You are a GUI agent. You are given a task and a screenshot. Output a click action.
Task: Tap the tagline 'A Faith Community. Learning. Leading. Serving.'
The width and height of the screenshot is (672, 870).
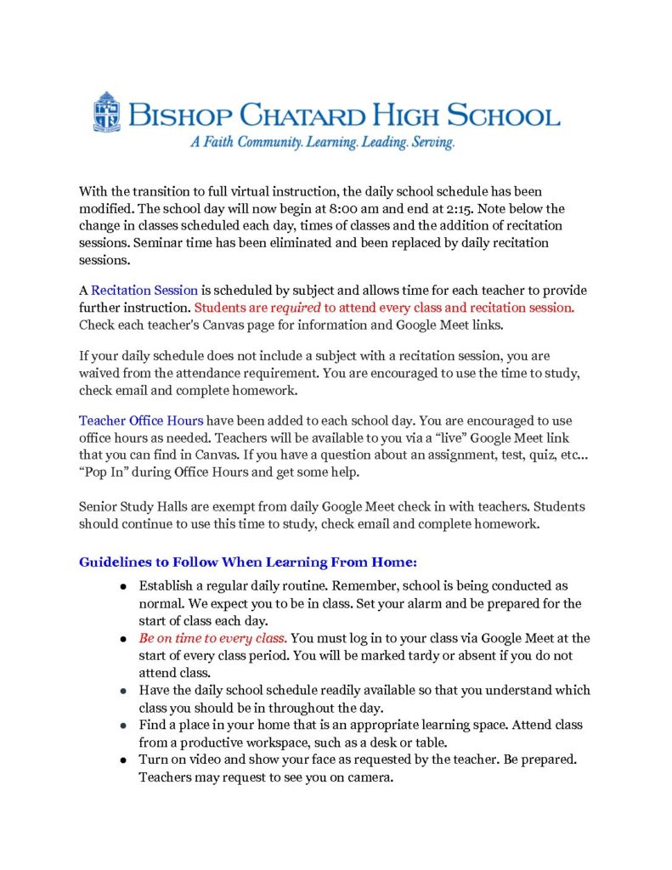pyautogui.click(x=322, y=144)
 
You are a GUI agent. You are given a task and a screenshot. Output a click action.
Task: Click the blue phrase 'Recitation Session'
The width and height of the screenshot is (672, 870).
pyautogui.click(x=144, y=291)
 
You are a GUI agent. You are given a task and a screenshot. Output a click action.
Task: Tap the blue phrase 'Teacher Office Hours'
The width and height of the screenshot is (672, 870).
pyautogui.click(x=141, y=421)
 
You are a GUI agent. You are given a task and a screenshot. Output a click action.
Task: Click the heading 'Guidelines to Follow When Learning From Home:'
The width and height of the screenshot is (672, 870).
pyautogui.click(x=248, y=562)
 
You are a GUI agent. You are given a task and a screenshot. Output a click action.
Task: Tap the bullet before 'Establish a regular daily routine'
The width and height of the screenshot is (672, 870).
pyautogui.click(x=124, y=586)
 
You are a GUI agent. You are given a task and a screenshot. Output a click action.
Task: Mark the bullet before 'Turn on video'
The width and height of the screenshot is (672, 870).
pyautogui.click(x=124, y=759)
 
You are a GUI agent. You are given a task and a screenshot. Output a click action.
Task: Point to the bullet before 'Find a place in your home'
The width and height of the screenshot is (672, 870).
pyautogui.click(x=124, y=725)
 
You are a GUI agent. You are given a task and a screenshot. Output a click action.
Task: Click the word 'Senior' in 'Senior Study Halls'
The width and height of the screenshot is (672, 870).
pyautogui.click(x=99, y=507)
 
